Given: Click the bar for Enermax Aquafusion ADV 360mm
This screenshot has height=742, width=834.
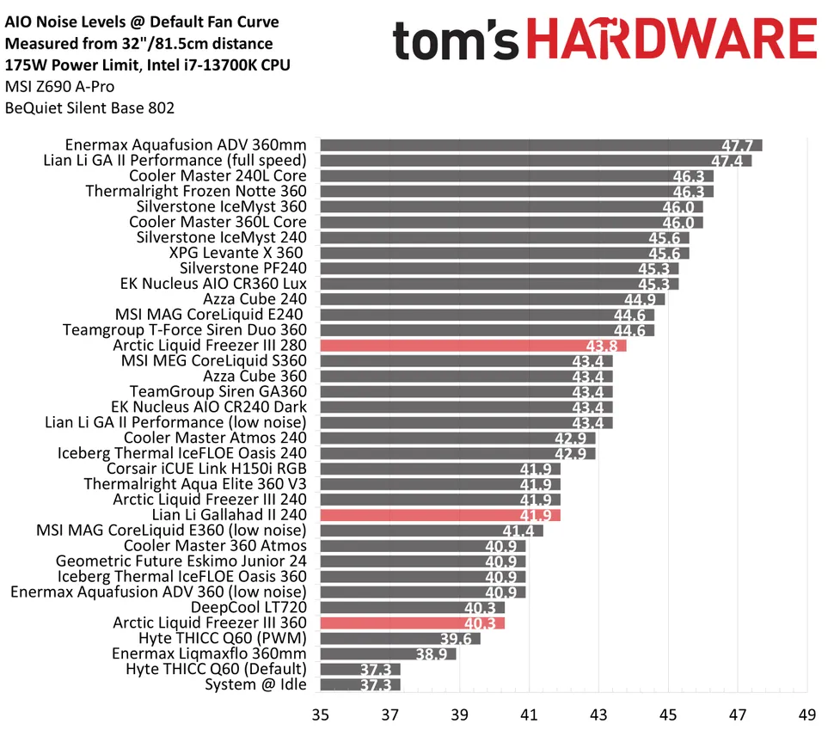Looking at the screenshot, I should [540, 144].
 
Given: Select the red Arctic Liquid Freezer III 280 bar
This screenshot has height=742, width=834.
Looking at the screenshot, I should [472, 346].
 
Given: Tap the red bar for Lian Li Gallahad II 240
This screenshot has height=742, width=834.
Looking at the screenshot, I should [439, 515].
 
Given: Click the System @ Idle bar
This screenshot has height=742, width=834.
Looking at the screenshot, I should [359, 684].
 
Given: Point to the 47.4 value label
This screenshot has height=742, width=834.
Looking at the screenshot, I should [729, 161].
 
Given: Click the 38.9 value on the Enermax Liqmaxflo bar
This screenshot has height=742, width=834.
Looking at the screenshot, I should [433, 654].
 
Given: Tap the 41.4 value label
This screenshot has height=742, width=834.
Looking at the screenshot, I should [520, 530].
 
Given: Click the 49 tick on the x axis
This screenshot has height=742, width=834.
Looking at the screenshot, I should [806, 714].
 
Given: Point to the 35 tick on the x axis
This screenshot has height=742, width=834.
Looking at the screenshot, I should [320, 714].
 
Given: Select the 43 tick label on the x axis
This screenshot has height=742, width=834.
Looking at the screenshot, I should [598, 714].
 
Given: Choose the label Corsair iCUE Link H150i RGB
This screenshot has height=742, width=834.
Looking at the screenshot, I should [206, 469].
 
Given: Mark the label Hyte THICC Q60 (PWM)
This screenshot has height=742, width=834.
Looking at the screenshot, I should [222, 638].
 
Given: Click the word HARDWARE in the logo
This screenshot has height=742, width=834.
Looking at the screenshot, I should [671, 40].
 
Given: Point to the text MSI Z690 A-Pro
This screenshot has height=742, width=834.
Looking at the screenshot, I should [59, 87].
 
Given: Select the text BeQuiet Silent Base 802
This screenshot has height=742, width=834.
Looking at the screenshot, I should [89, 108].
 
